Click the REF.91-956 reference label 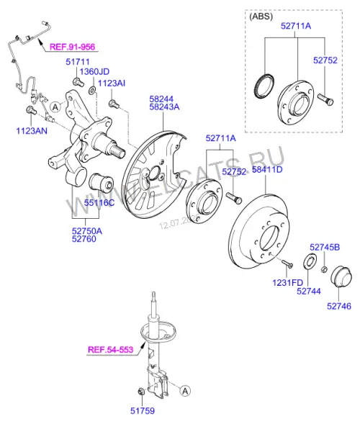tap(73, 47)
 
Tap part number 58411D tap(267, 170)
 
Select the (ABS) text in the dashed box tap(261, 17)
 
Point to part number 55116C tap(99, 202)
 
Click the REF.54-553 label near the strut tap(111, 350)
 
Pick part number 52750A tap(87, 231)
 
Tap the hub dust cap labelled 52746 tap(341, 276)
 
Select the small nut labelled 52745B tap(325, 269)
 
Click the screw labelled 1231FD tap(287, 263)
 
